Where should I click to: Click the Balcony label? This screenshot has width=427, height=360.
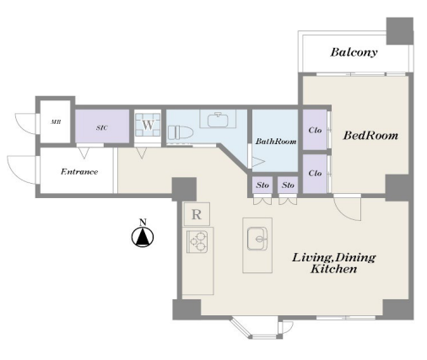[x=354, y=52]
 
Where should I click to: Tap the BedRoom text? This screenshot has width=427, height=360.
[x=370, y=136]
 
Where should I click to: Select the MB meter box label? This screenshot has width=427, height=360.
[x=56, y=122]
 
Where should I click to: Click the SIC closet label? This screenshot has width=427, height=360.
[x=102, y=128]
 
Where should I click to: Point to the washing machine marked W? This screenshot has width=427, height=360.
[x=148, y=125]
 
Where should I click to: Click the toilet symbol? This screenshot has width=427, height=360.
[x=181, y=132]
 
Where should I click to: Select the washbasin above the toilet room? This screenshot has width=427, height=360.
[x=218, y=120]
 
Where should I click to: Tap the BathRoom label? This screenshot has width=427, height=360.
[x=276, y=142]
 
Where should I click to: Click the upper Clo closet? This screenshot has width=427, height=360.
[x=315, y=130]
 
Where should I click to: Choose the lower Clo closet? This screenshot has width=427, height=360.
[x=315, y=174]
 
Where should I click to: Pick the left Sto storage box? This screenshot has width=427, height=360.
[x=262, y=185]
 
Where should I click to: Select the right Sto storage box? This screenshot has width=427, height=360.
[x=288, y=185]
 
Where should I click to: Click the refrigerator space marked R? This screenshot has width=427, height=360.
[x=197, y=214]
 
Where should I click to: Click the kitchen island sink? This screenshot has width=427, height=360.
[x=257, y=239]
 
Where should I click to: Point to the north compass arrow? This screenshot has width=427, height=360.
[x=143, y=236]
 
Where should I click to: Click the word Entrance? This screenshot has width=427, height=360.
[x=79, y=172]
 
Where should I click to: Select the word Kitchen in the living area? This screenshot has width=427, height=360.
[x=334, y=269]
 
